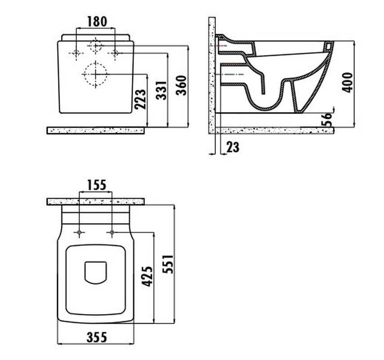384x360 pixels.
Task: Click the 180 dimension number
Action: click(97, 22)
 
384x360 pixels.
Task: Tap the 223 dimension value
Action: click(140, 99)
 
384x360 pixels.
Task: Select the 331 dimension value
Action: click(161, 90)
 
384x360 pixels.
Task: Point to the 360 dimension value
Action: click(182, 85)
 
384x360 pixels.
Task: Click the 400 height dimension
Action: click(347, 82)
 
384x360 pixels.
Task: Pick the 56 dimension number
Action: click(327, 119)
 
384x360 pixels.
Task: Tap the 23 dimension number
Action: click(232, 147)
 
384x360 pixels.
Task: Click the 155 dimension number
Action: click(97, 185)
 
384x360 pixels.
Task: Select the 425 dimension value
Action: click(147, 276)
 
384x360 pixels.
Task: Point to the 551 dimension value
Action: click(168, 264)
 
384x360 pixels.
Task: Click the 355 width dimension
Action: click(97, 337)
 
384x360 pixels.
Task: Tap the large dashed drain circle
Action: click(95, 74)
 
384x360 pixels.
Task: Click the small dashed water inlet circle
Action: click(95, 46)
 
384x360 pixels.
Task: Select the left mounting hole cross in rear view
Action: click(76, 53)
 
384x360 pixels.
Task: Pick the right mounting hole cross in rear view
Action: click(115, 53)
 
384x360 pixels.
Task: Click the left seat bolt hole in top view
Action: click(79, 232)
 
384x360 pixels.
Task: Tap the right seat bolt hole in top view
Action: click(112, 232)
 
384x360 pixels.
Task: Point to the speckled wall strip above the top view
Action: click(95, 202)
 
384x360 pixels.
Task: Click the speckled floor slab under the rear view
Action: click(95, 130)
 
